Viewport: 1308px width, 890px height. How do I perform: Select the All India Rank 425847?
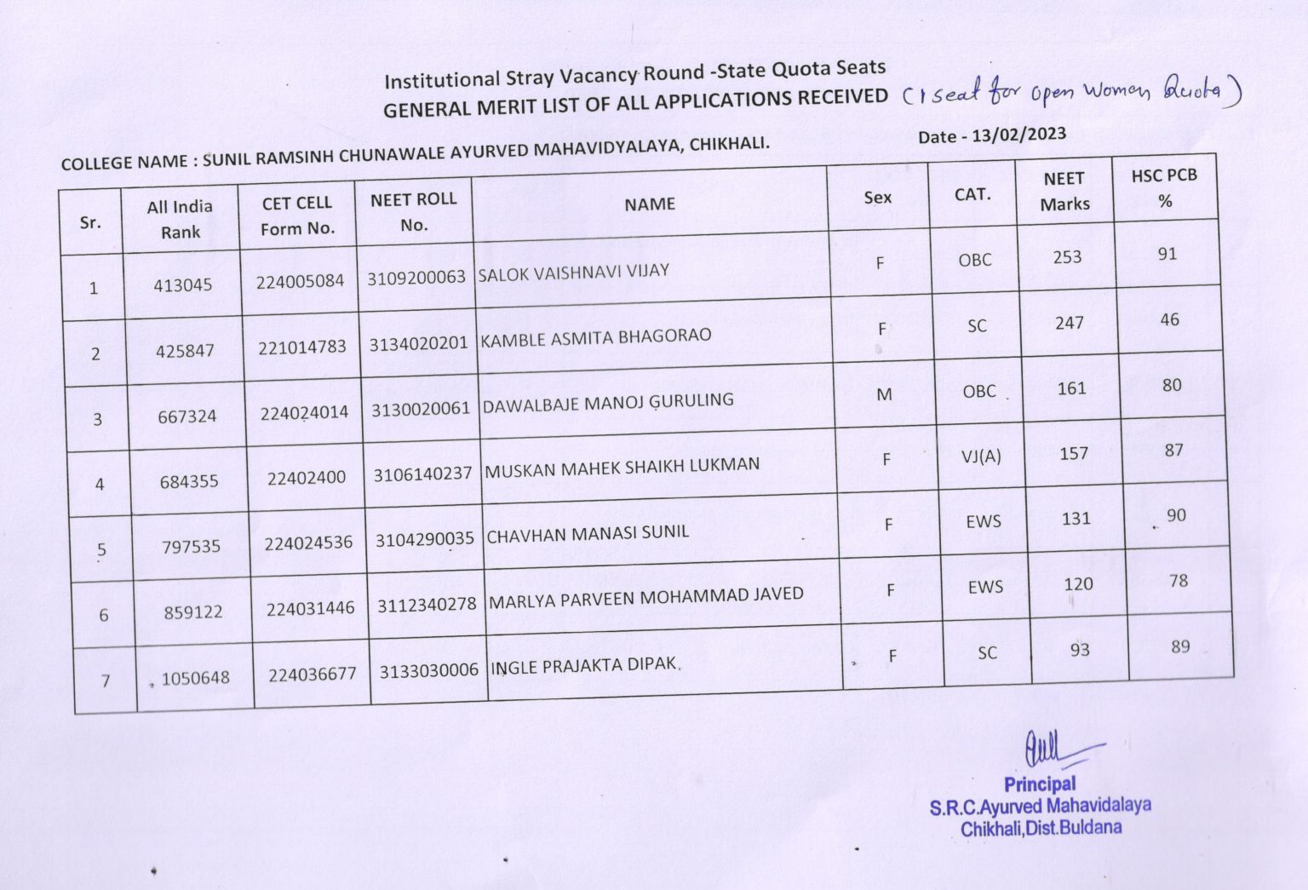pos(185,351)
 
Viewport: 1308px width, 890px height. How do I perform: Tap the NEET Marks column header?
pos(1064,191)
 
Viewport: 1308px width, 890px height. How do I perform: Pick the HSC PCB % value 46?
pos(1169,320)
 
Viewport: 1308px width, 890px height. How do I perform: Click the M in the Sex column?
pos(884,394)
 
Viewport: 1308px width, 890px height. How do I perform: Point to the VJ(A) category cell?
pos(981,456)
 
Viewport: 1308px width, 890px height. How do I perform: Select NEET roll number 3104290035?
pos(424,539)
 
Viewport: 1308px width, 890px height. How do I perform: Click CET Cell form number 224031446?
pos(310,608)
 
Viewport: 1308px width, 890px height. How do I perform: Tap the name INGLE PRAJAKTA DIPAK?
pos(584,665)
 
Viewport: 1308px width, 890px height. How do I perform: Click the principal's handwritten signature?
pos(1053,749)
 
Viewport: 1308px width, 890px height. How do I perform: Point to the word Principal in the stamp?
pos(1039,784)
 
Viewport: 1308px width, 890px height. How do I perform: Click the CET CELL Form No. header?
pos(297,215)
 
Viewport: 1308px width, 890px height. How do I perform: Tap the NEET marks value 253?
pos(1067,257)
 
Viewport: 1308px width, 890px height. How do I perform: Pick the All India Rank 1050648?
pos(195,679)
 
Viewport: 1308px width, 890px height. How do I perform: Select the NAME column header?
pos(649,204)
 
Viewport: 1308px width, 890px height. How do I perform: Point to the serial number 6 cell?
pos(104,615)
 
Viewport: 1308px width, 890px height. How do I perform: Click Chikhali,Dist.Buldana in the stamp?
pos(1041,828)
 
